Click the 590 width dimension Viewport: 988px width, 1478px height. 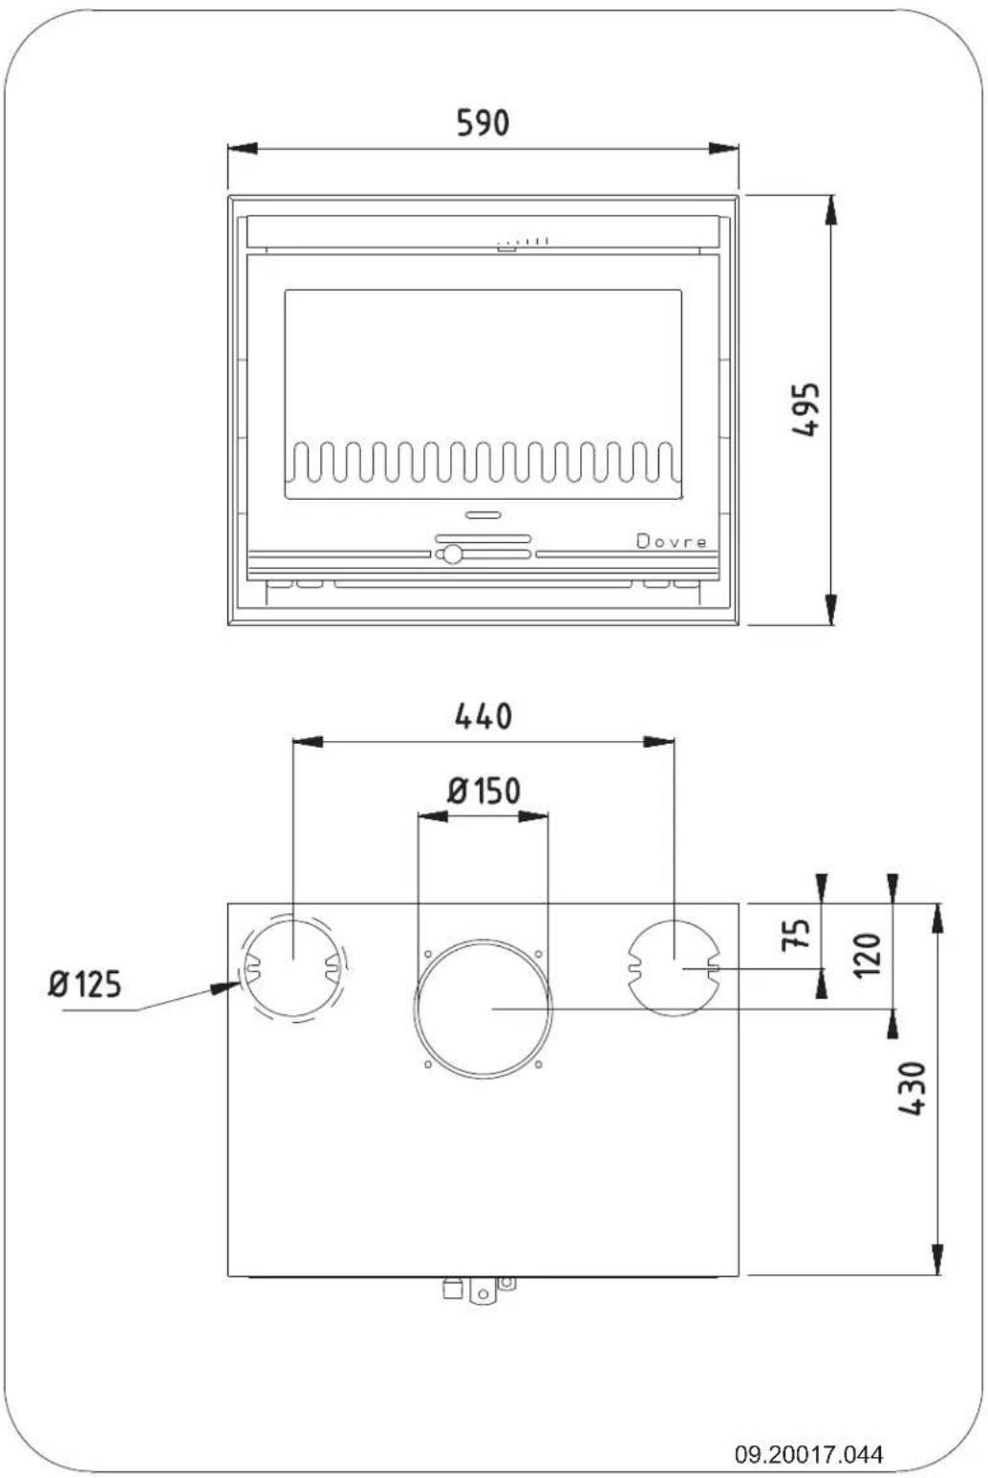tap(483, 123)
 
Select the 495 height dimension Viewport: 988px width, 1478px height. tap(805, 409)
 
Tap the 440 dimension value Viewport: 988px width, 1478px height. tap(483, 717)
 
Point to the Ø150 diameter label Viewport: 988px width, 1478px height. tap(483, 791)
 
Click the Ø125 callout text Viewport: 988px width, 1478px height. tap(85, 985)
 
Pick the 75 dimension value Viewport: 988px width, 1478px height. tap(795, 934)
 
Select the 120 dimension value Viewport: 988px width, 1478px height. tap(868, 955)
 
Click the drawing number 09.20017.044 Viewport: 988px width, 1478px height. tap(808, 1453)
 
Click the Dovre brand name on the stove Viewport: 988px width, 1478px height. tap(672, 542)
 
